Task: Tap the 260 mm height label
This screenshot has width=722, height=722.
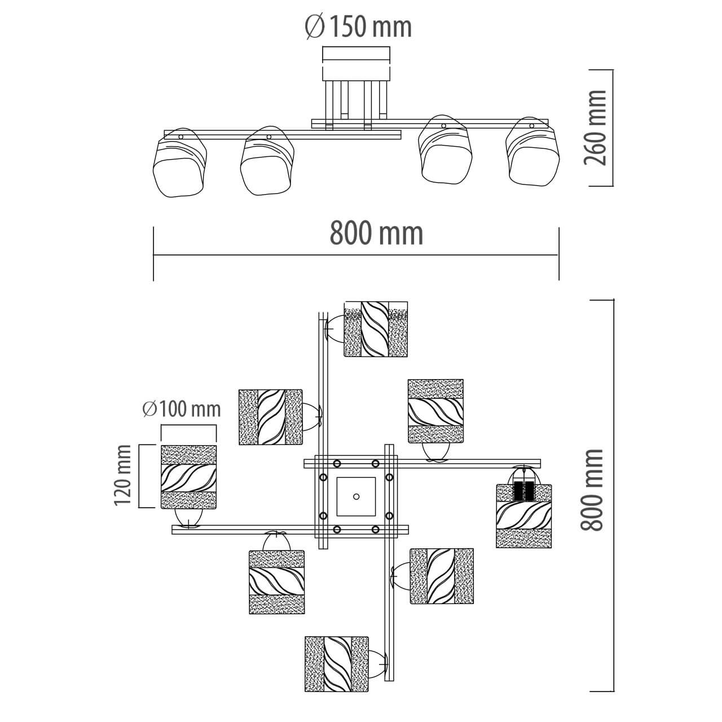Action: coord(596,127)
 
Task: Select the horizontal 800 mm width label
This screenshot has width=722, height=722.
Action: coord(376,234)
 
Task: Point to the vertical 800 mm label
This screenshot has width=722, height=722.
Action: coord(593,490)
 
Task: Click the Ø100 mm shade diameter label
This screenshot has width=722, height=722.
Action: coord(182,408)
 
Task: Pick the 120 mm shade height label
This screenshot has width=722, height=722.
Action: coord(123,475)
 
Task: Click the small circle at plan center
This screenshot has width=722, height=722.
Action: coord(356,496)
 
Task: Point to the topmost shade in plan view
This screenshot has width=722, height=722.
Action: coord(376,329)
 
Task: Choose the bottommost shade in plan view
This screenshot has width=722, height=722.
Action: coord(337,664)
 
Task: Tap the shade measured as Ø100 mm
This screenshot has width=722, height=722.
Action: coord(189,477)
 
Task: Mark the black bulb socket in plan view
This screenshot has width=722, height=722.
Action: coord(524,490)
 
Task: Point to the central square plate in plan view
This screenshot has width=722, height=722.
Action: coord(355,496)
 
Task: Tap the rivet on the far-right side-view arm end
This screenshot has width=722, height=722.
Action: coord(531,126)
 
